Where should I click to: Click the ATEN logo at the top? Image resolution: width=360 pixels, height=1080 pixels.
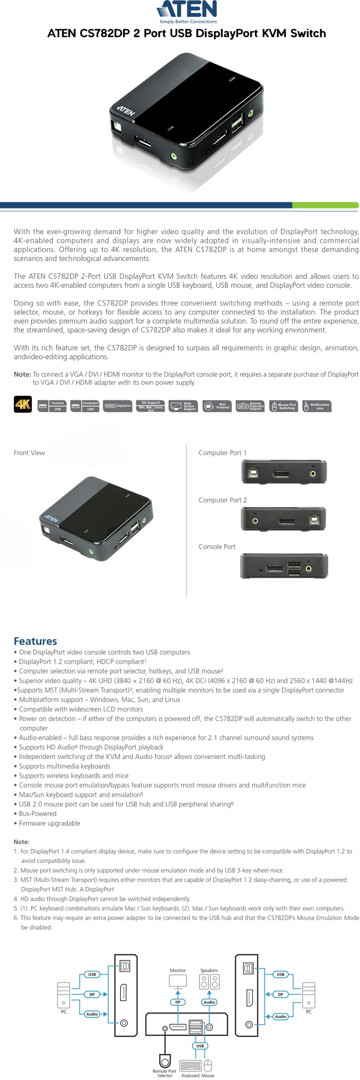tap(187, 11)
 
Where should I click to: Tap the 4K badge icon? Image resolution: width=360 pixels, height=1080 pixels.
tap(22, 405)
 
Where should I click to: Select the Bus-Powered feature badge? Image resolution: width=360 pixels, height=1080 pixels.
tap(217, 406)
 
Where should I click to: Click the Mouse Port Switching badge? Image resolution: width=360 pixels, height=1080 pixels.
tap(283, 406)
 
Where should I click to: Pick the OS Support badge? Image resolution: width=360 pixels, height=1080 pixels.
tap(150, 406)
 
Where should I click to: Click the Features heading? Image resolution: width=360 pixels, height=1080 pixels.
tap(35, 640)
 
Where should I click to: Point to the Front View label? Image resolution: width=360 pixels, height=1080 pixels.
tap(29, 453)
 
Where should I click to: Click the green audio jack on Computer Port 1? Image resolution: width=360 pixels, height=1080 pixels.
tap(313, 474)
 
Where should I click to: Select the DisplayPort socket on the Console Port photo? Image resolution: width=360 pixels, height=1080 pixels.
tap(274, 569)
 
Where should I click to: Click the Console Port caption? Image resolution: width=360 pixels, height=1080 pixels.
tap(217, 547)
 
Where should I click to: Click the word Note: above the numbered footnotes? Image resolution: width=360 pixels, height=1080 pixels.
tap(21, 842)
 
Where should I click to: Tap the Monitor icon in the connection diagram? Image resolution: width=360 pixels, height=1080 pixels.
tap(178, 981)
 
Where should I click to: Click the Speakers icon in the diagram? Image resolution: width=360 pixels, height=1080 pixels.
tap(209, 981)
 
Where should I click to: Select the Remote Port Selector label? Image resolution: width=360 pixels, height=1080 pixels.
tap(164, 1073)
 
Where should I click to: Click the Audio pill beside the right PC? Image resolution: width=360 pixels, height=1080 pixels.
tap(280, 1016)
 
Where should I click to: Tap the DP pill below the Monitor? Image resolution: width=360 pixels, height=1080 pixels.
tap(178, 1002)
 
